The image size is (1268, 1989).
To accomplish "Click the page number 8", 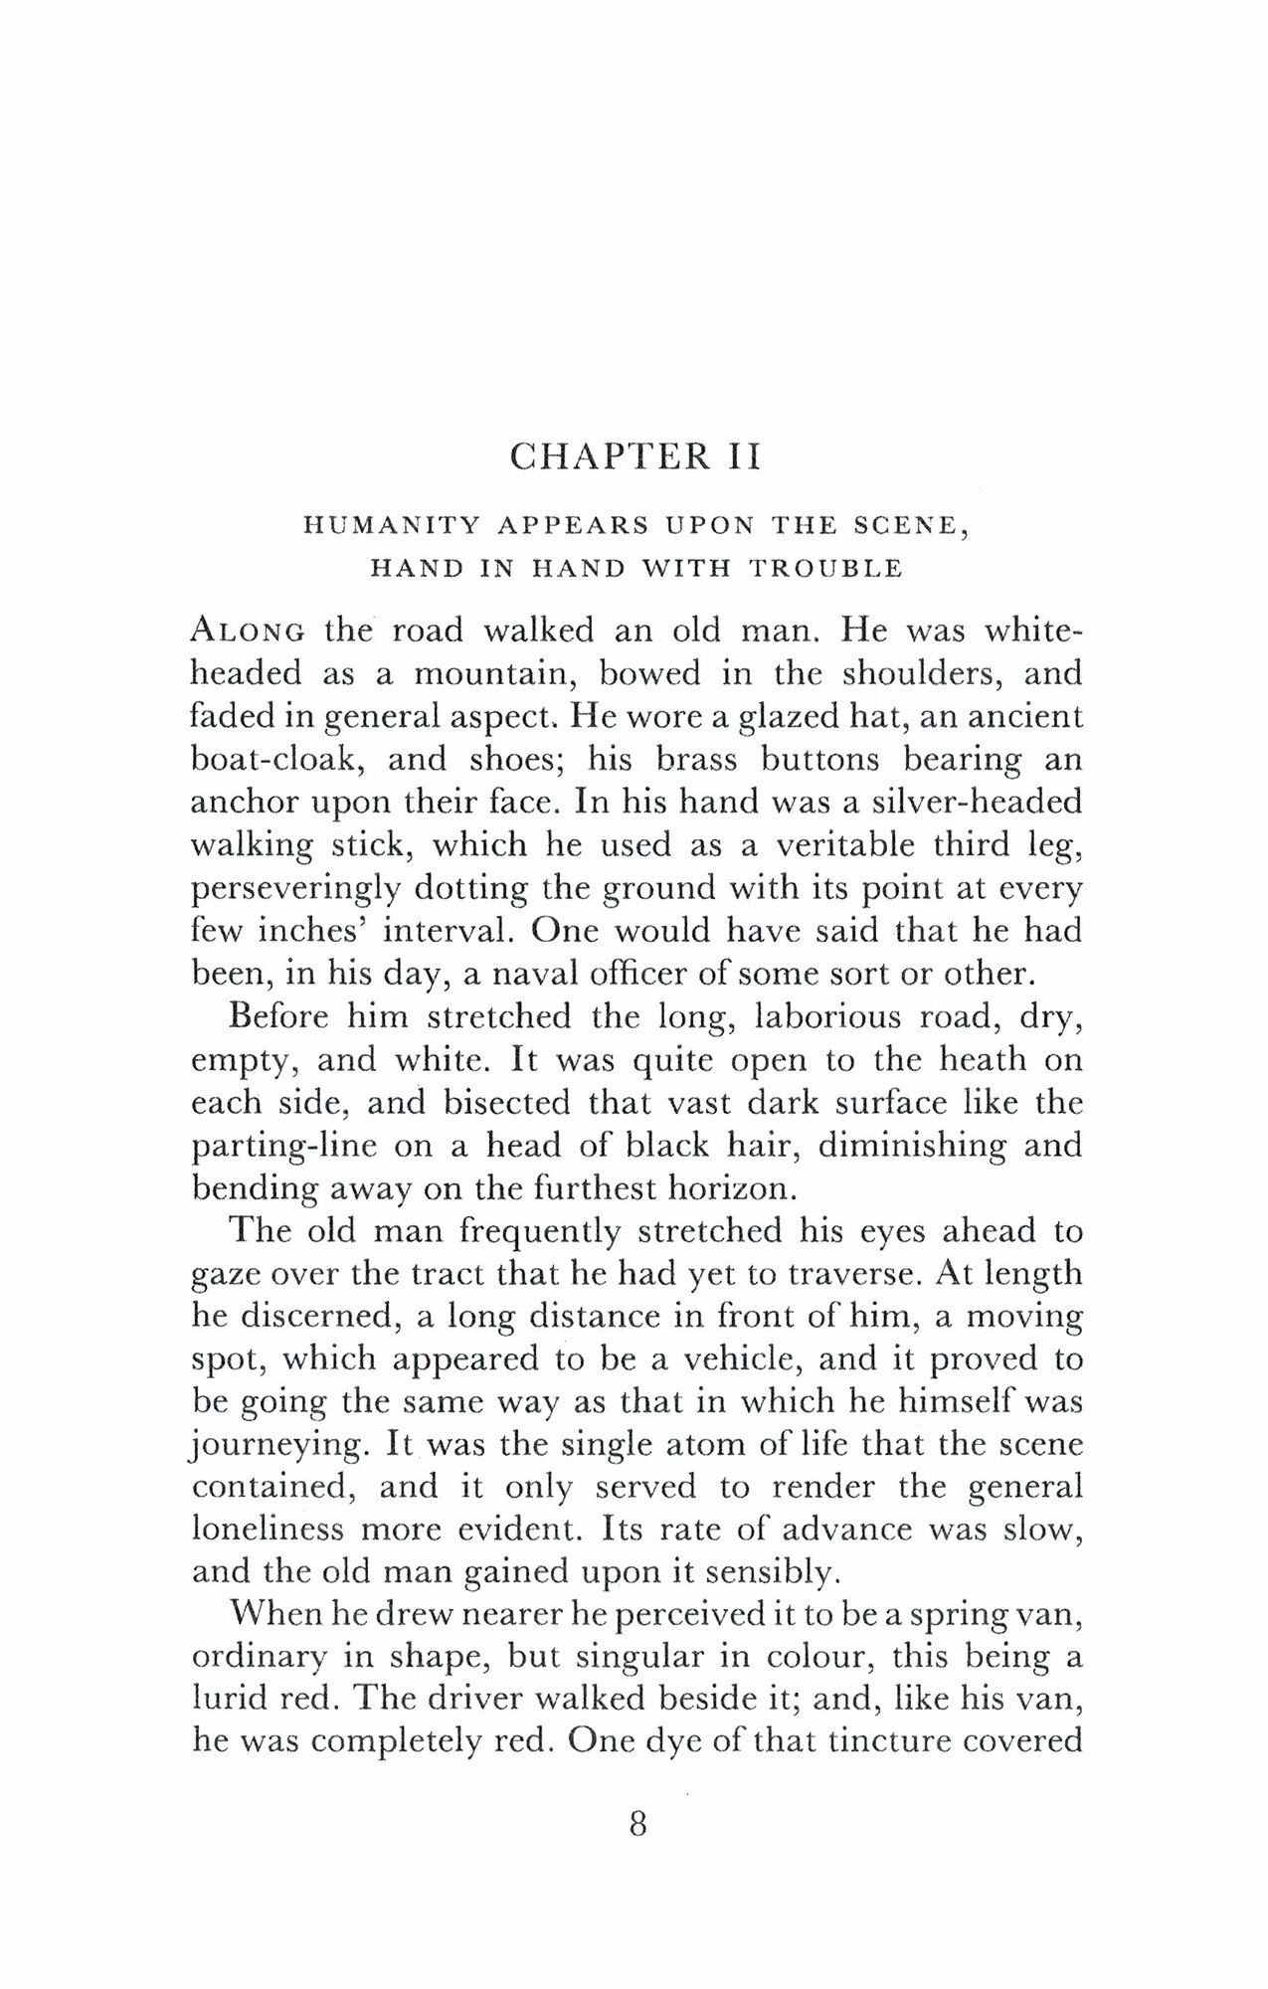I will pos(637,1825).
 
